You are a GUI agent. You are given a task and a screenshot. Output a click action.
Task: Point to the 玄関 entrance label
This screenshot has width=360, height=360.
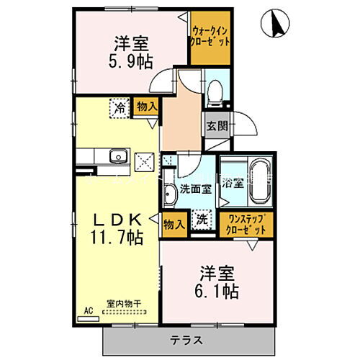click(x=217, y=124)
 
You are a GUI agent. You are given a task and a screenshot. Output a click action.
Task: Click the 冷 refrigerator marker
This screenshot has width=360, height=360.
click(x=117, y=107)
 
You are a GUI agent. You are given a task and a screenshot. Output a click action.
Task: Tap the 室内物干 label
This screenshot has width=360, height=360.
click(x=124, y=304)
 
